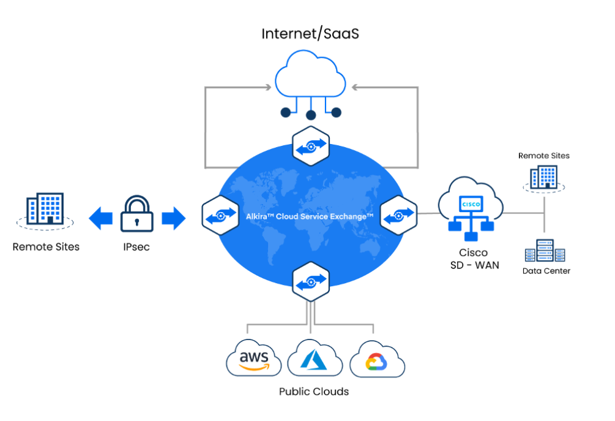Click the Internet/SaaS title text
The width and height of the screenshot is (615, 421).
coord(310,33)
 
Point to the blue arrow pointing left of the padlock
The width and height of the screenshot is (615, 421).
coord(100,218)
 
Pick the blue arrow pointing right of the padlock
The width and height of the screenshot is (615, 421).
coord(174,218)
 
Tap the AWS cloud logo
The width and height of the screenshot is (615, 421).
coord(254,358)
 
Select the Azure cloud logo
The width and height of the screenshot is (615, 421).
coord(315,359)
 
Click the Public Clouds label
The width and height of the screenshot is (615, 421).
coord(314,392)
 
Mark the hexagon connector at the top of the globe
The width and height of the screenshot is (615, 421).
coord(311,145)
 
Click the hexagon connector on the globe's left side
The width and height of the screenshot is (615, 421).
coord(220,215)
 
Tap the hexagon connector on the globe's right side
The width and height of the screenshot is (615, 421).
coord(399,215)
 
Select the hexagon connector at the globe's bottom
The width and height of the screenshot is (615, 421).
coord(311,281)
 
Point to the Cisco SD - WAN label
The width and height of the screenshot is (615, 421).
coord(473,258)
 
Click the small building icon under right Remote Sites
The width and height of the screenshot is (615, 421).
coord(543,178)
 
